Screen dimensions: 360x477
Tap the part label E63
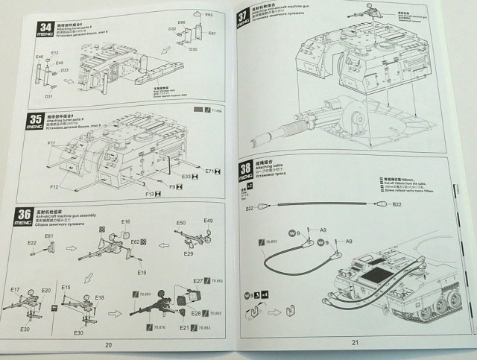coord(208,14)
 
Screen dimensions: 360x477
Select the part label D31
coord(50,96)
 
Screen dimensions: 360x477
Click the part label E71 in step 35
coord(210,171)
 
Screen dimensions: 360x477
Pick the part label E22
coord(32,243)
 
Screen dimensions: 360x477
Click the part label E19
coord(141,273)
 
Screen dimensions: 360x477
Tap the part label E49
coord(208,221)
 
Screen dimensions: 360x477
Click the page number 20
coord(108,344)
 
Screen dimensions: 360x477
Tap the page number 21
coord(355,342)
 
